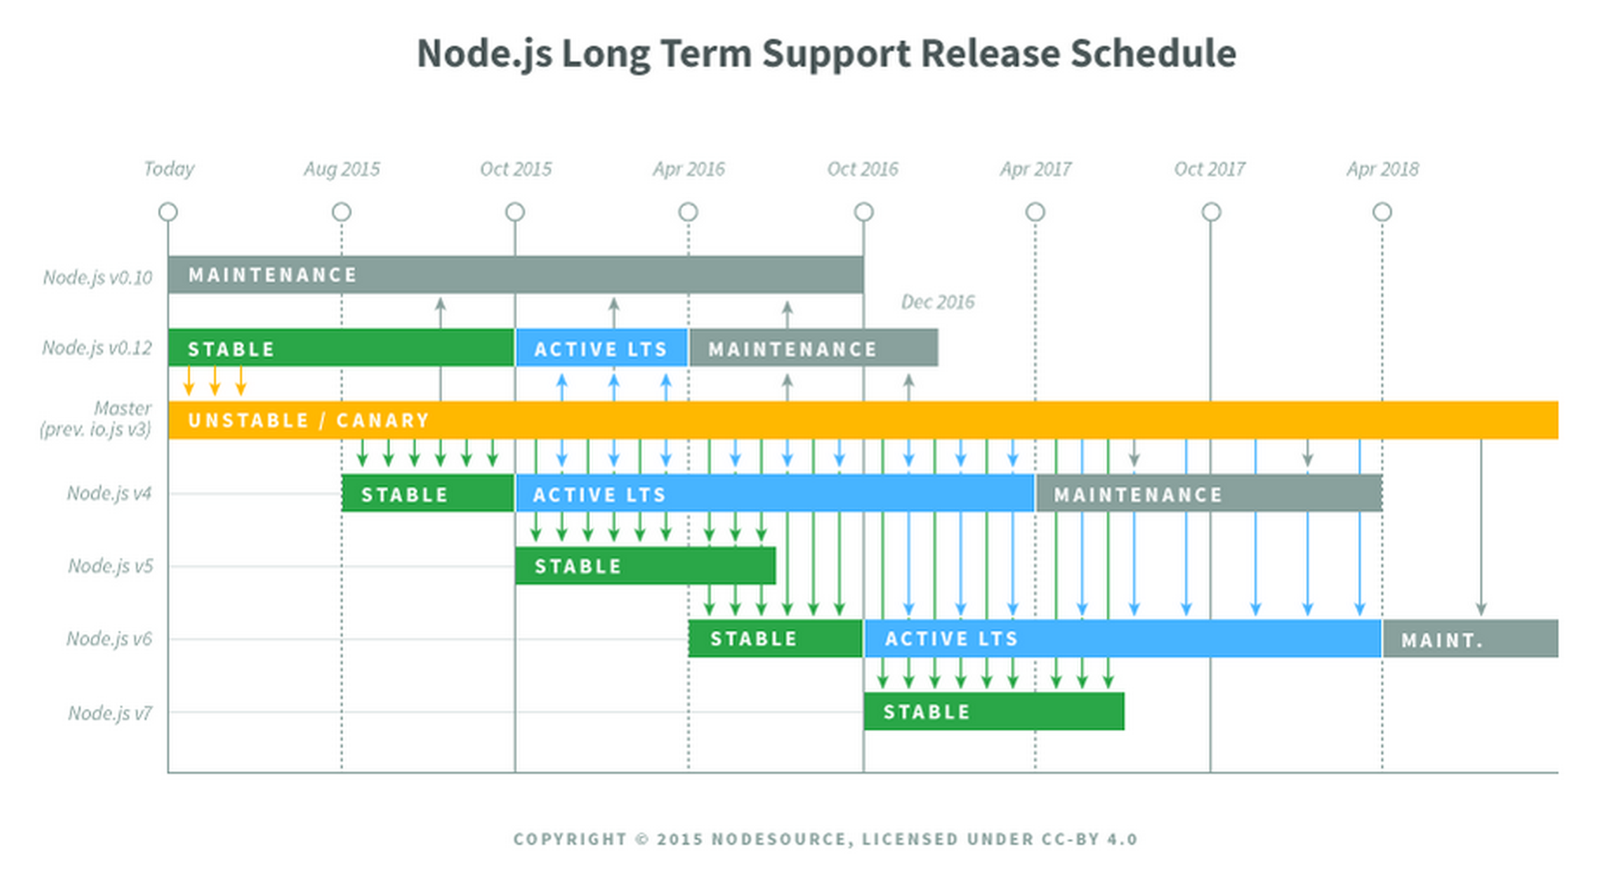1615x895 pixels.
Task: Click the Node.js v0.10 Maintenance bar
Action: click(515, 275)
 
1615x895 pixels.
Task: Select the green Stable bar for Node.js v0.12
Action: click(341, 348)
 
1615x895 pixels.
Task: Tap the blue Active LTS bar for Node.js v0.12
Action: click(601, 348)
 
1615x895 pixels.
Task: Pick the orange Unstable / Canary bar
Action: click(863, 420)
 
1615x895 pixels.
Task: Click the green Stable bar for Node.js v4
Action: click(428, 493)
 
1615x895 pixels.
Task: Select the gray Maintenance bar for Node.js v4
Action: click(1208, 493)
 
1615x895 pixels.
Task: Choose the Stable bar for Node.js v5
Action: click(645, 566)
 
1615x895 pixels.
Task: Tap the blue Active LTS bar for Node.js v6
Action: click(1122, 638)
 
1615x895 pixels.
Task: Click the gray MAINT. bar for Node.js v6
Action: click(1471, 638)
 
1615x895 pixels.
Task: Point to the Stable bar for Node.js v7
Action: click(994, 711)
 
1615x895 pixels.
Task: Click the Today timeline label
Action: click(169, 170)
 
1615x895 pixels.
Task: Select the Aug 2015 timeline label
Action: click(342, 170)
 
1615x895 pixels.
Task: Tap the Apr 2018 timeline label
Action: click(1382, 170)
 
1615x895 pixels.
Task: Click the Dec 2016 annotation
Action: click(938, 302)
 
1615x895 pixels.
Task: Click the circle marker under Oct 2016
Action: click(864, 212)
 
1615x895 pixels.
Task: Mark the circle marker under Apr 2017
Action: click(1035, 212)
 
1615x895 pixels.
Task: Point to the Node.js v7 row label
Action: click(110, 713)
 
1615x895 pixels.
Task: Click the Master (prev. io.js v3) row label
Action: click(96, 419)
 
